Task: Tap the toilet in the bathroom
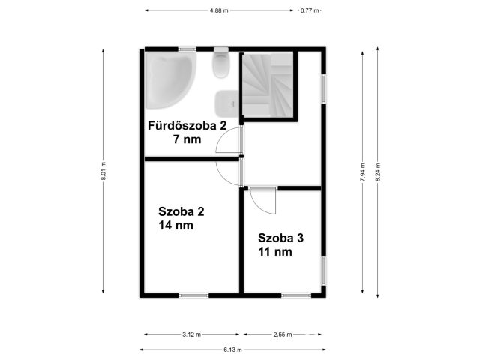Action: tap(221, 62)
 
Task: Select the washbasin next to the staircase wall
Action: tap(226, 104)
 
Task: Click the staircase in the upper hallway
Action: tap(268, 85)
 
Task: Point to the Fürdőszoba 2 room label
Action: tap(187, 126)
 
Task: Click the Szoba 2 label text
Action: tap(181, 211)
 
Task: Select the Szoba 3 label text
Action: tap(280, 238)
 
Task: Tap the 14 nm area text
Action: tap(175, 226)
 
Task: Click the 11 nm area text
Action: tap(275, 252)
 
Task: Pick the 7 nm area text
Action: tap(187, 139)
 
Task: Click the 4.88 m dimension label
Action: tap(219, 10)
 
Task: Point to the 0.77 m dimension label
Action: tap(310, 10)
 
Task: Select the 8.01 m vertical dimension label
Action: tap(103, 171)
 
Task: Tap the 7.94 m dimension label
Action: tap(363, 172)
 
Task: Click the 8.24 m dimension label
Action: tap(378, 172)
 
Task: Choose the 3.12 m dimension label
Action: tap(192, 334)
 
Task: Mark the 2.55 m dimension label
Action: tap(283, 334)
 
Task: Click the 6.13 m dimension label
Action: tap(232, 349)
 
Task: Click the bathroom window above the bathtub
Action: tap(187, 49)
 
